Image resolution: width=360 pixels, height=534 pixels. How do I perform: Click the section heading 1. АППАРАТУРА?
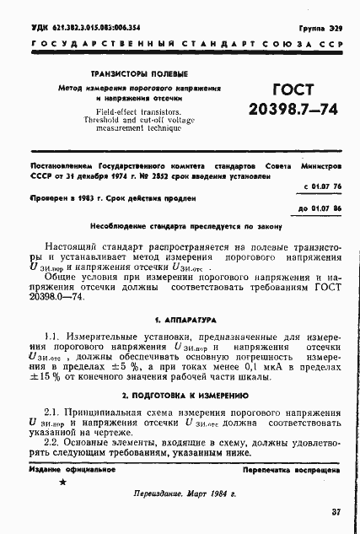180,321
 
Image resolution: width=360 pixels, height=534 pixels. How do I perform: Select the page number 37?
336,511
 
